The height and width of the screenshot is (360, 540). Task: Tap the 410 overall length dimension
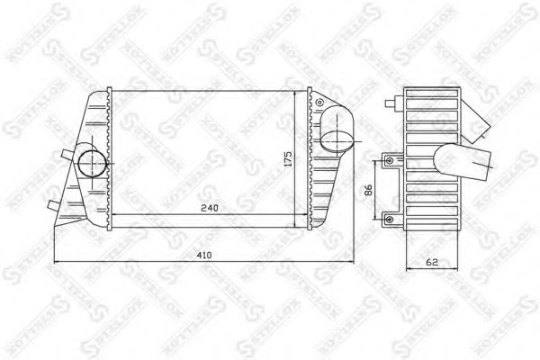point(204,256)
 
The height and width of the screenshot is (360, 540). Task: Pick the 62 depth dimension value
point(434,263)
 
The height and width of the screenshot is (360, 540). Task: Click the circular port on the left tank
point(91,164)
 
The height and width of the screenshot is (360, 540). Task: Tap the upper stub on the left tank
point(66,156)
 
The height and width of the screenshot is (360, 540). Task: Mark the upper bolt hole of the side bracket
point(389,161)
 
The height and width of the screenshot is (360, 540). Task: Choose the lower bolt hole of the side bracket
point(389,216)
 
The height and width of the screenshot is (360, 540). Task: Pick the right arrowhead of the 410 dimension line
point(351,262)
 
